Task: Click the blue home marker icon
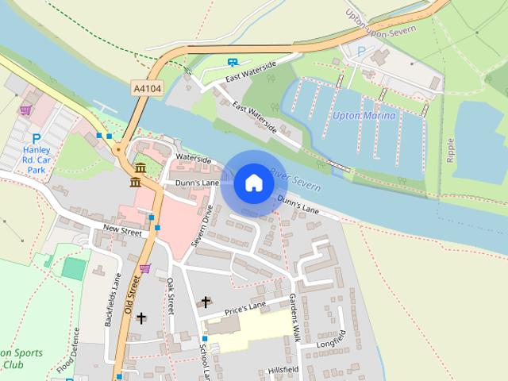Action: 253,183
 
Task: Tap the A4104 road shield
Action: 147,90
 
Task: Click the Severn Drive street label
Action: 208,225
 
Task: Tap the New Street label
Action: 121,232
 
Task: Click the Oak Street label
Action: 170,296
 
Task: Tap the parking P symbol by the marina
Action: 362,51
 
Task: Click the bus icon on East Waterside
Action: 233,61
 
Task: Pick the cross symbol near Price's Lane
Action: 206,302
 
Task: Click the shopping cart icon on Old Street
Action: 144,268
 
